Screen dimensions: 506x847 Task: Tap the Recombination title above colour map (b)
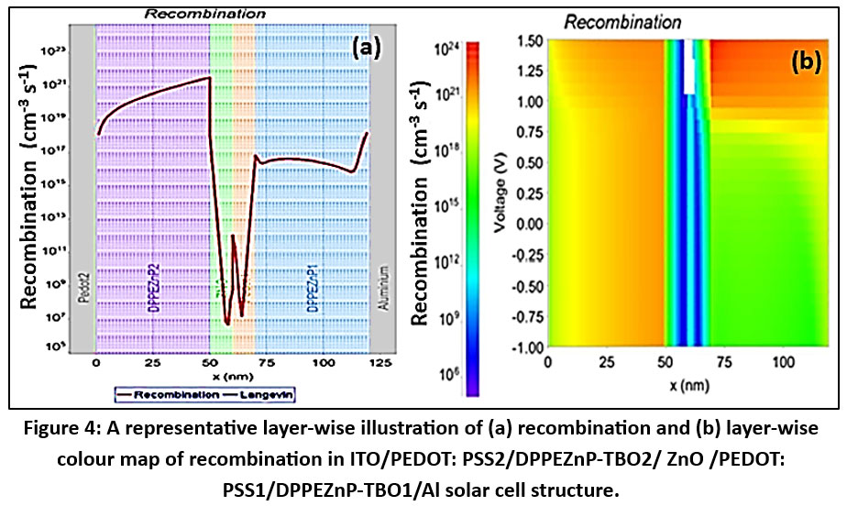tap(621, 21)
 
